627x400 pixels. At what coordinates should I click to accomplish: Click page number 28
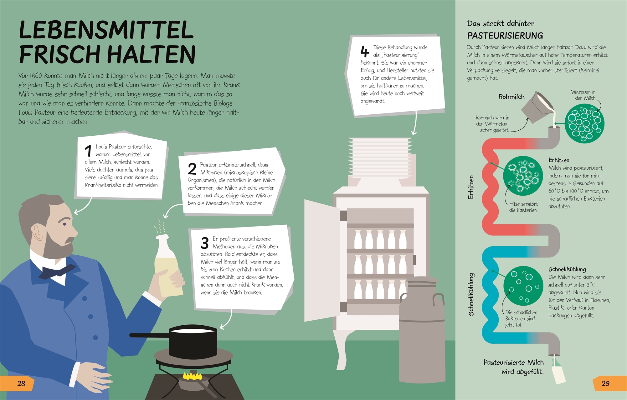(x=21, y=383)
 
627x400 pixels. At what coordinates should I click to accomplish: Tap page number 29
(x=606, y=383)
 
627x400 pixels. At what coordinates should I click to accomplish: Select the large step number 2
(x=192, y=169)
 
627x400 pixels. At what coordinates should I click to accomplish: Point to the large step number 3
(x=205, y=243)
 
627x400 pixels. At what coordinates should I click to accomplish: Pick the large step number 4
(x=365, y=52)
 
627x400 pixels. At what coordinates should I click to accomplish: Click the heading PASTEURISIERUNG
(x=505, y=36)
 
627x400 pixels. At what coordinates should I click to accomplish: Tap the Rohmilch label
(x=511, y=97)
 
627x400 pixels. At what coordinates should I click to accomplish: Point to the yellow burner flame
(x=192, y=375)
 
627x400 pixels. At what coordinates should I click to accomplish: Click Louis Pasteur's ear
(x=38, y=233)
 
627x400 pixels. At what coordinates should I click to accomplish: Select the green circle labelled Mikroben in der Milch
(x=584, y=123)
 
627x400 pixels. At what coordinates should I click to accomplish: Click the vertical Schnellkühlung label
(x=471, y=294)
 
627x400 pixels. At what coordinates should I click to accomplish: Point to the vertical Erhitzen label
(x=471, y=187)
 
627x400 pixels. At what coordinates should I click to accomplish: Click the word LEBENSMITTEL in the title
(x=106, y=30)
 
